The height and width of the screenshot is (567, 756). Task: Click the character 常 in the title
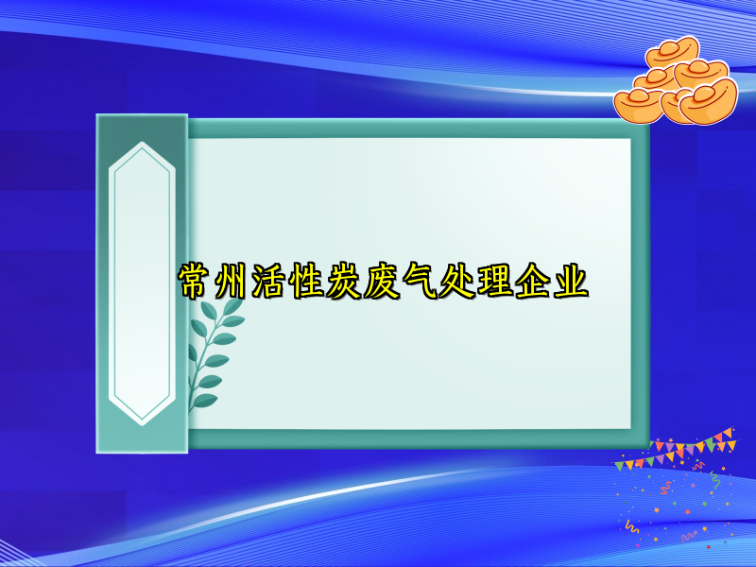(x=196, y=282)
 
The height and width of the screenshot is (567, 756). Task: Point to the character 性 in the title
(x=308, y=282)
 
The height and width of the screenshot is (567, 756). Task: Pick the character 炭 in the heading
(x=346, y=282)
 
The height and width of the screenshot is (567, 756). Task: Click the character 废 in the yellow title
(x=383, y=282)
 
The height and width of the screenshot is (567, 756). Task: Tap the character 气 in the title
(x=421, y=282)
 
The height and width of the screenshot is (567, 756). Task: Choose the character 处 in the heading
(x=458, y=282)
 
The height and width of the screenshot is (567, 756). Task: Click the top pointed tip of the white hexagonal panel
(x=142, y=144)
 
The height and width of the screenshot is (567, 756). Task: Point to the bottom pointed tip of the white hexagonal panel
(x=142, y=421)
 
